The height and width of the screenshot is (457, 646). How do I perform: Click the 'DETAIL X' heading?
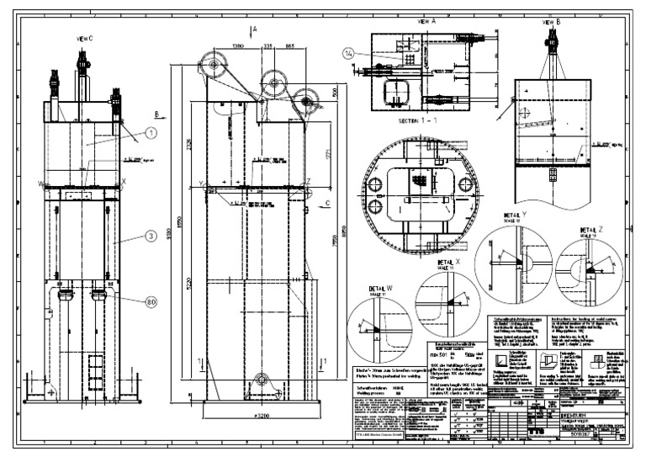tap(450, 263)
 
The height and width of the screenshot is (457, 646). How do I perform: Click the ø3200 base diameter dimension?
tap(256, 415)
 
